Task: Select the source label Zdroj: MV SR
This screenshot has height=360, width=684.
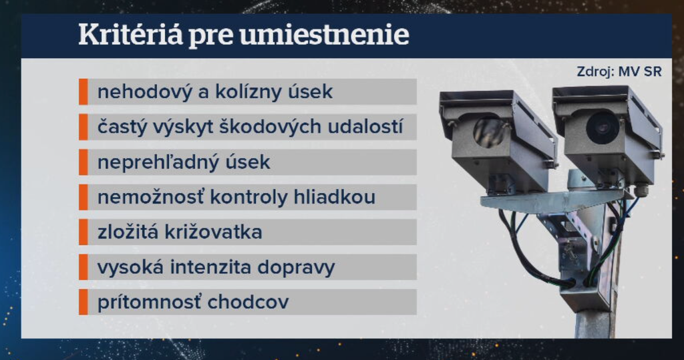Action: pos(619,72)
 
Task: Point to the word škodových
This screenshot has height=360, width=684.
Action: pos(259,127)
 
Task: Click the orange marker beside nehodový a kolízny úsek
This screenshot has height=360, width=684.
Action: pos(83,92)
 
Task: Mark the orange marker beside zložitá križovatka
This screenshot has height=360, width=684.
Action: pos(83,232)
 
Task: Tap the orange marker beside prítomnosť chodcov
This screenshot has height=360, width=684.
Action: pos(83,302)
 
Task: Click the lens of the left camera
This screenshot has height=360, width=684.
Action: pos(490,131)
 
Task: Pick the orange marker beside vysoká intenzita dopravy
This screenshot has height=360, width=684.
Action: pos(83,267)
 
